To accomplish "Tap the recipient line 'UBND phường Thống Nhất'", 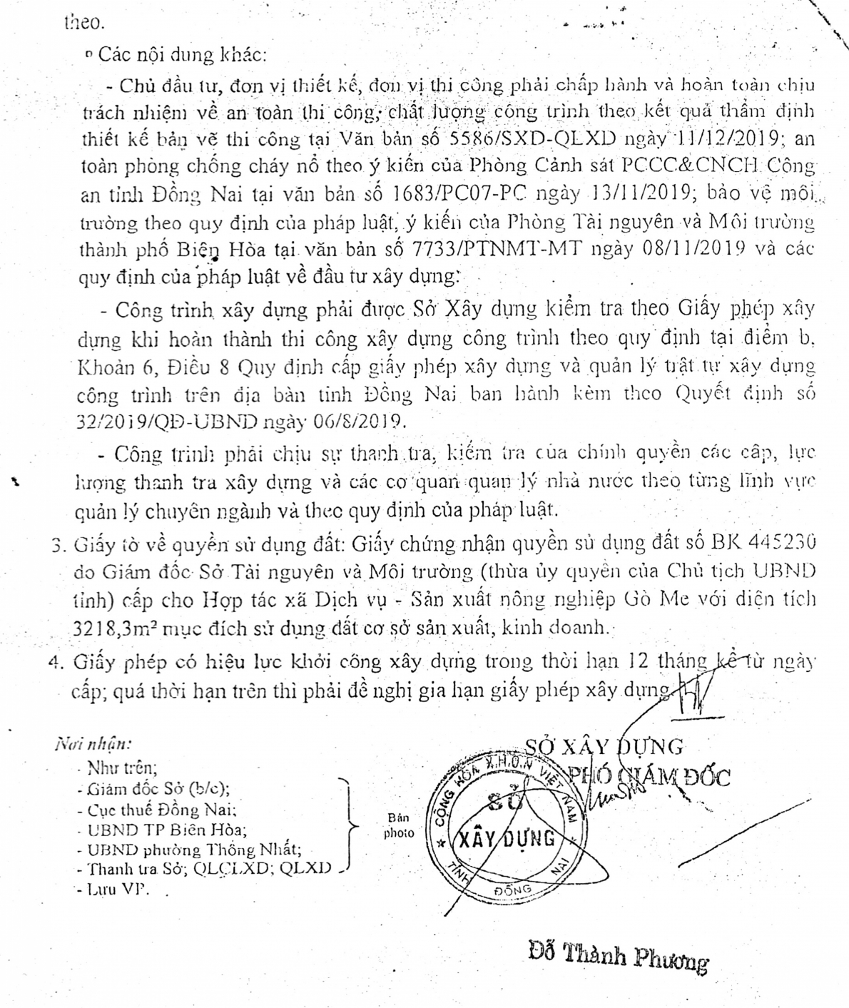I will point(193,850).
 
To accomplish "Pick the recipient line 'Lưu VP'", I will point(117,890).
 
